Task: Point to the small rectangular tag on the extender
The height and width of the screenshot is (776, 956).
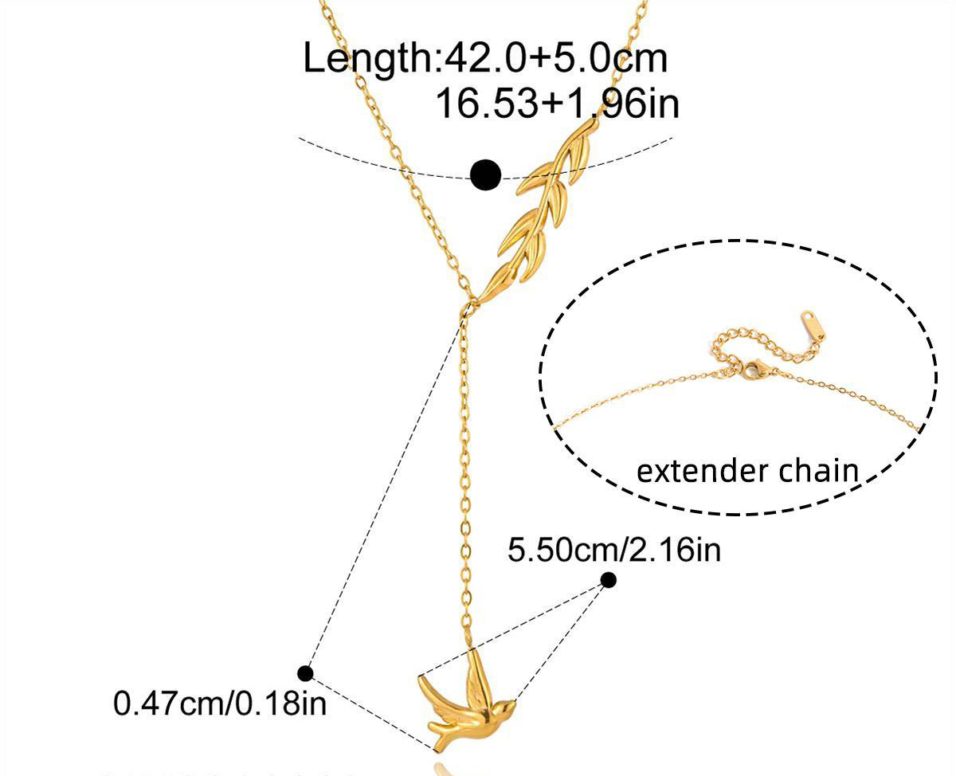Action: (x=813, y=325)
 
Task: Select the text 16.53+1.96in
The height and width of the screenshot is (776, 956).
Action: (x=558, y=104)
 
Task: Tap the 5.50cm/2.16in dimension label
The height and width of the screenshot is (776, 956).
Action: (x=614, y=550)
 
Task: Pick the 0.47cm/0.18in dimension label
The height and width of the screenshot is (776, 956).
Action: (x=220, y=703)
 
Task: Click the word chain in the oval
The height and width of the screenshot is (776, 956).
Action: (x=819, y=470)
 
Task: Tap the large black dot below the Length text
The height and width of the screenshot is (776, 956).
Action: (x=486, y=174)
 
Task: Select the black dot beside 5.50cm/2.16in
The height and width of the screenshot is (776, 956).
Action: (x=608, y=580)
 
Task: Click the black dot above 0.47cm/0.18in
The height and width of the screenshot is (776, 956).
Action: (x=305, y=673)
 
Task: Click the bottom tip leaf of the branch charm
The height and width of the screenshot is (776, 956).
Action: (x=498, y=282)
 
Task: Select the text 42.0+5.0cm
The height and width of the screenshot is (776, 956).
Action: (x=555, y=58)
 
